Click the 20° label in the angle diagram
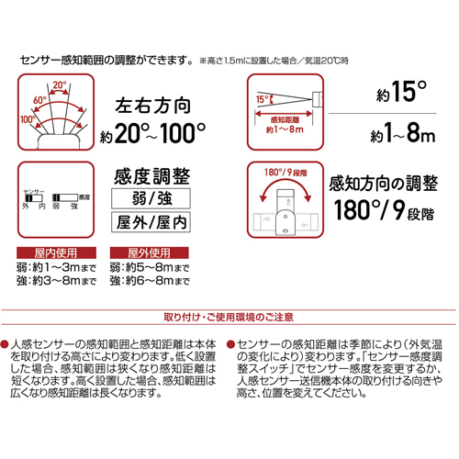[x=60, y=84]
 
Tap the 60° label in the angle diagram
[x=39, y=100]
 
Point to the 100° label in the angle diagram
[x=28, y=119]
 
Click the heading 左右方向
[x=153, y=106]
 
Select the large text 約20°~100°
[x=152, y=133]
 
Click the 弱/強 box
[x=151, y=199]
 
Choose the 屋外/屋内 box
[x=151, y=222]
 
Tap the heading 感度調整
[x=152, y=176]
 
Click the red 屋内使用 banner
[x=56, y=252]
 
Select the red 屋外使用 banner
[x=150, y=252]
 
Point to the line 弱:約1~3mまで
[x=56, y=268]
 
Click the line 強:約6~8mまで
[x=150, y=281]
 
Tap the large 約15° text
[x=401, y=92]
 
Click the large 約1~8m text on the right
[x=402, y=133]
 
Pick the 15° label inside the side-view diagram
[x=262, y=99]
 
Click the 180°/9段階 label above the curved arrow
[x=285, y=173]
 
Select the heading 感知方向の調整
[x=383, y=184]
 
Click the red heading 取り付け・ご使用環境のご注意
[x=229, y=317]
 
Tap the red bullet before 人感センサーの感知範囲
[x=5, y=344]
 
